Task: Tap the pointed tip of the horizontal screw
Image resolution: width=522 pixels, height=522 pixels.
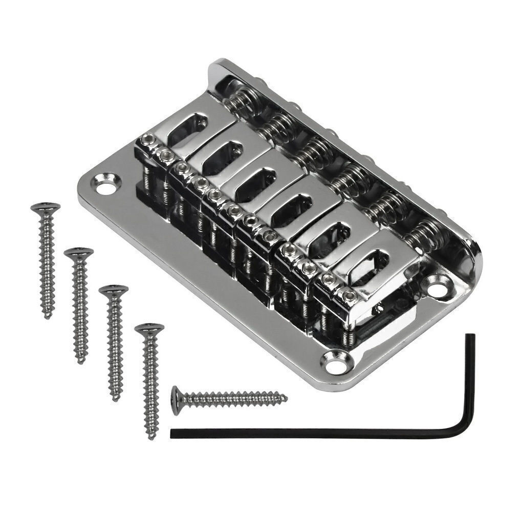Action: [x=286, y=398]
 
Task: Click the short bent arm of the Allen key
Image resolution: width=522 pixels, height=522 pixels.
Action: [x=470, y=379]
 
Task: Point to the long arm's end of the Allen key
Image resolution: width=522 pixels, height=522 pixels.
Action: [x=173, y=433]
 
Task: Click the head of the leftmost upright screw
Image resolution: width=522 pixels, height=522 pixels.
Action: [x=46, y=208]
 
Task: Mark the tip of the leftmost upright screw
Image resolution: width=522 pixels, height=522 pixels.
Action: [x=48, y=316]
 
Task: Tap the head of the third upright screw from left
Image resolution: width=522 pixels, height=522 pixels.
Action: [x=113, y=290]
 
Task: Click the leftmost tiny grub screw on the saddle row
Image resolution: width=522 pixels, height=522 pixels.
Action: [x=148, y=139]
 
